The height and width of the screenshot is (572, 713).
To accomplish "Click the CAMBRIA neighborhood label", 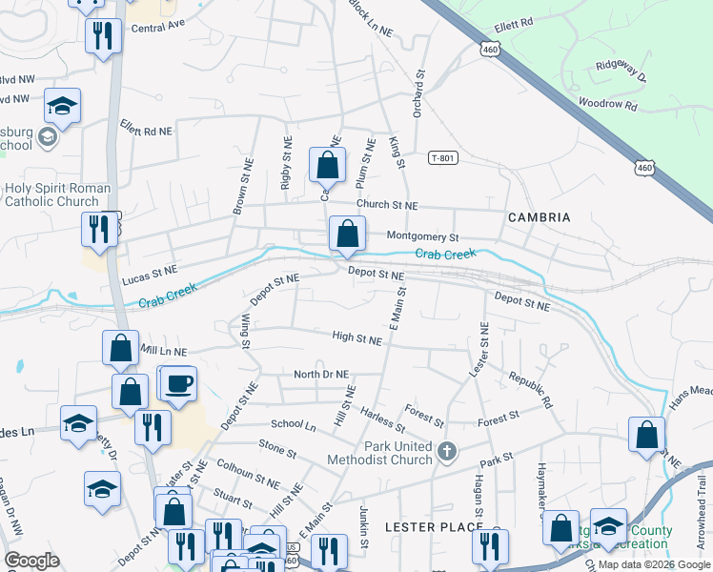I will [x=539, y=217].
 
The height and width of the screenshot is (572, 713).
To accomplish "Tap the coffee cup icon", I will [x=178, y=383].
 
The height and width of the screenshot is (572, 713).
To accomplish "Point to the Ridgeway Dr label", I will [x=621, y=71].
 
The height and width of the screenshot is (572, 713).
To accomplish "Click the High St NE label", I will [x=356, y=337].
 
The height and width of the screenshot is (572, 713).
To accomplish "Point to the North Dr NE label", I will [x=321, y=375].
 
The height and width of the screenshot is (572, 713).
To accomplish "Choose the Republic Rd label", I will [x=530, y=390].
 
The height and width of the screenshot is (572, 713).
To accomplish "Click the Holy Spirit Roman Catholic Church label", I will [x=58, y=194].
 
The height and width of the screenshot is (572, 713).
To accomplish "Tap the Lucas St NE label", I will [x=151, y=276].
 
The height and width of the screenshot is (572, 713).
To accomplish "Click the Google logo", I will [x=31, y=561].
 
